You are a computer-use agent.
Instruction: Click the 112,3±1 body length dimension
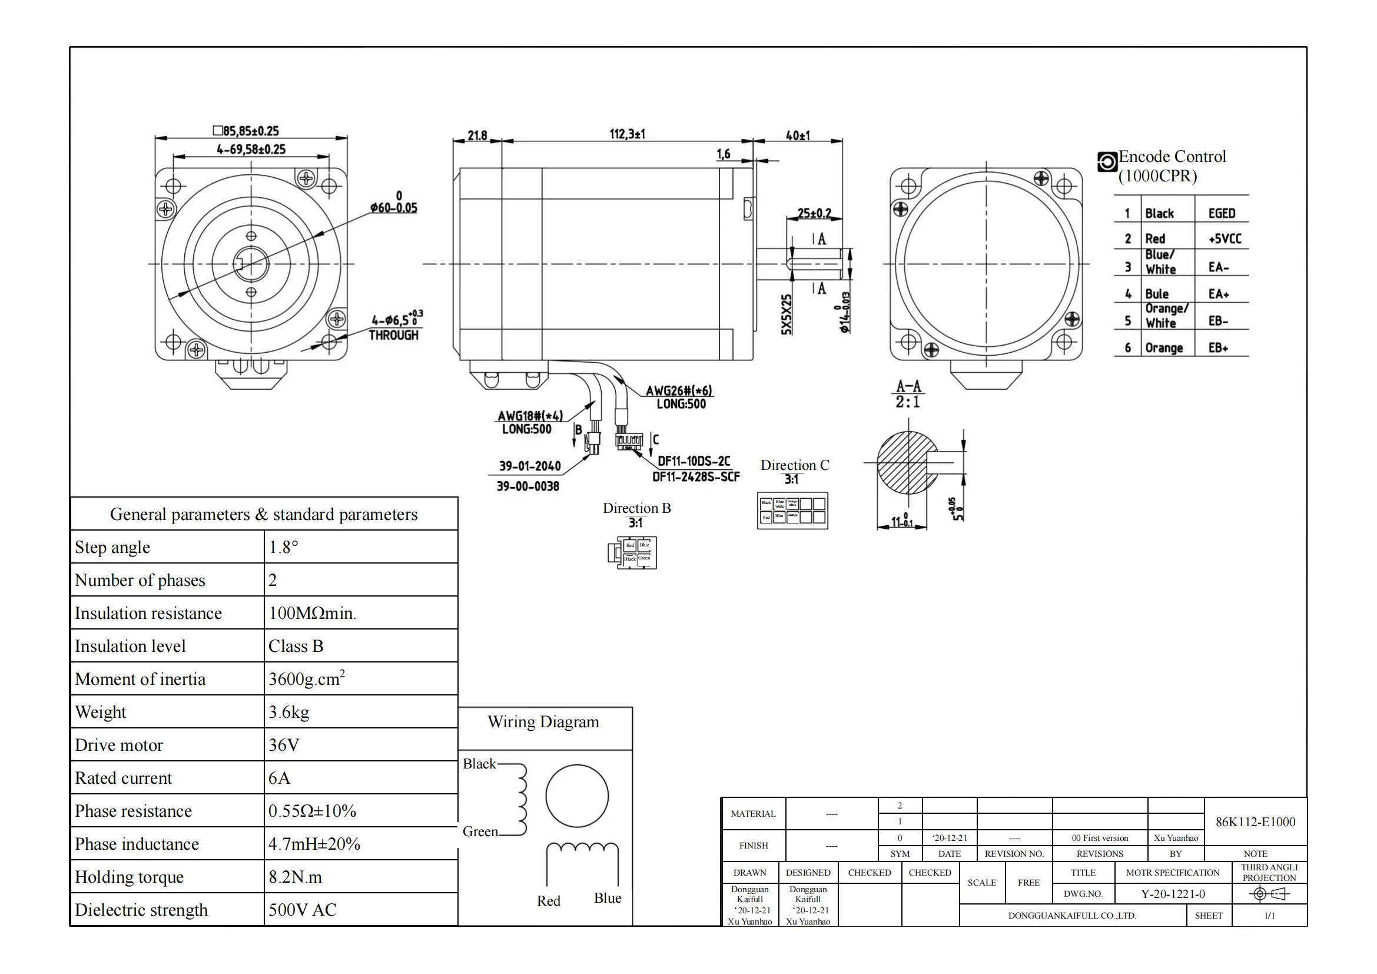(x=627, y=134)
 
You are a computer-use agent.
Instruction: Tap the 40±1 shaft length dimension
(x=798, y=135)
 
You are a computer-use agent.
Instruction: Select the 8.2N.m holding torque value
(x=295, y=877)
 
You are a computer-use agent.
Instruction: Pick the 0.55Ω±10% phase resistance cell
(x=312, y=811)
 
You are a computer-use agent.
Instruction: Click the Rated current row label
(x=123, y=778)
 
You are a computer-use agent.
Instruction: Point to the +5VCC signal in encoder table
(x=1225, y=238)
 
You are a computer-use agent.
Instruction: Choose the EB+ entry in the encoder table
(x=1218, y=348)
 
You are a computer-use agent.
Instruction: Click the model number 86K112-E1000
(x=1255, y=821)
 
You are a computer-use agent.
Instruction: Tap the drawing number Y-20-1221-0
(x=1173, y=895)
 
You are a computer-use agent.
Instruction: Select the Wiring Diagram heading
(x=543, y=721)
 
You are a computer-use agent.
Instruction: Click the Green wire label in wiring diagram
(x=480, y=831)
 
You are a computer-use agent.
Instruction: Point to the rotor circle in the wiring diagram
(x=577, y=796)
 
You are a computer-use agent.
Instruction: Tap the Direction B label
(x=636, y=508)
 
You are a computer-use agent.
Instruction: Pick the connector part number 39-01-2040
(x=530, y=466)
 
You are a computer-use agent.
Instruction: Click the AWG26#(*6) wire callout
(x=679, y=390)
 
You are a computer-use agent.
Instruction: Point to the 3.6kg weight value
(x=288, y=712)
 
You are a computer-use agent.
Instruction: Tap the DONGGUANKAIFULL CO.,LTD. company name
(x=1071, y=916)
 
